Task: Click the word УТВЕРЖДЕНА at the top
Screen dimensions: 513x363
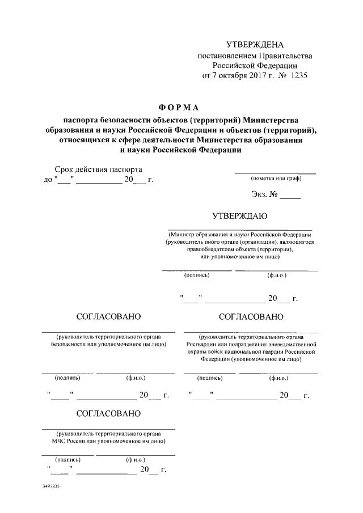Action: click(x=254, y=45)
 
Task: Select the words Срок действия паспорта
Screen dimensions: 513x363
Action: click(x=98, y=169)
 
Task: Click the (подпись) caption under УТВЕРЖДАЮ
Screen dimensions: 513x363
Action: click(x=197, y=275)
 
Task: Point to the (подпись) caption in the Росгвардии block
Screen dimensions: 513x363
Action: click(x=209, y=377)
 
